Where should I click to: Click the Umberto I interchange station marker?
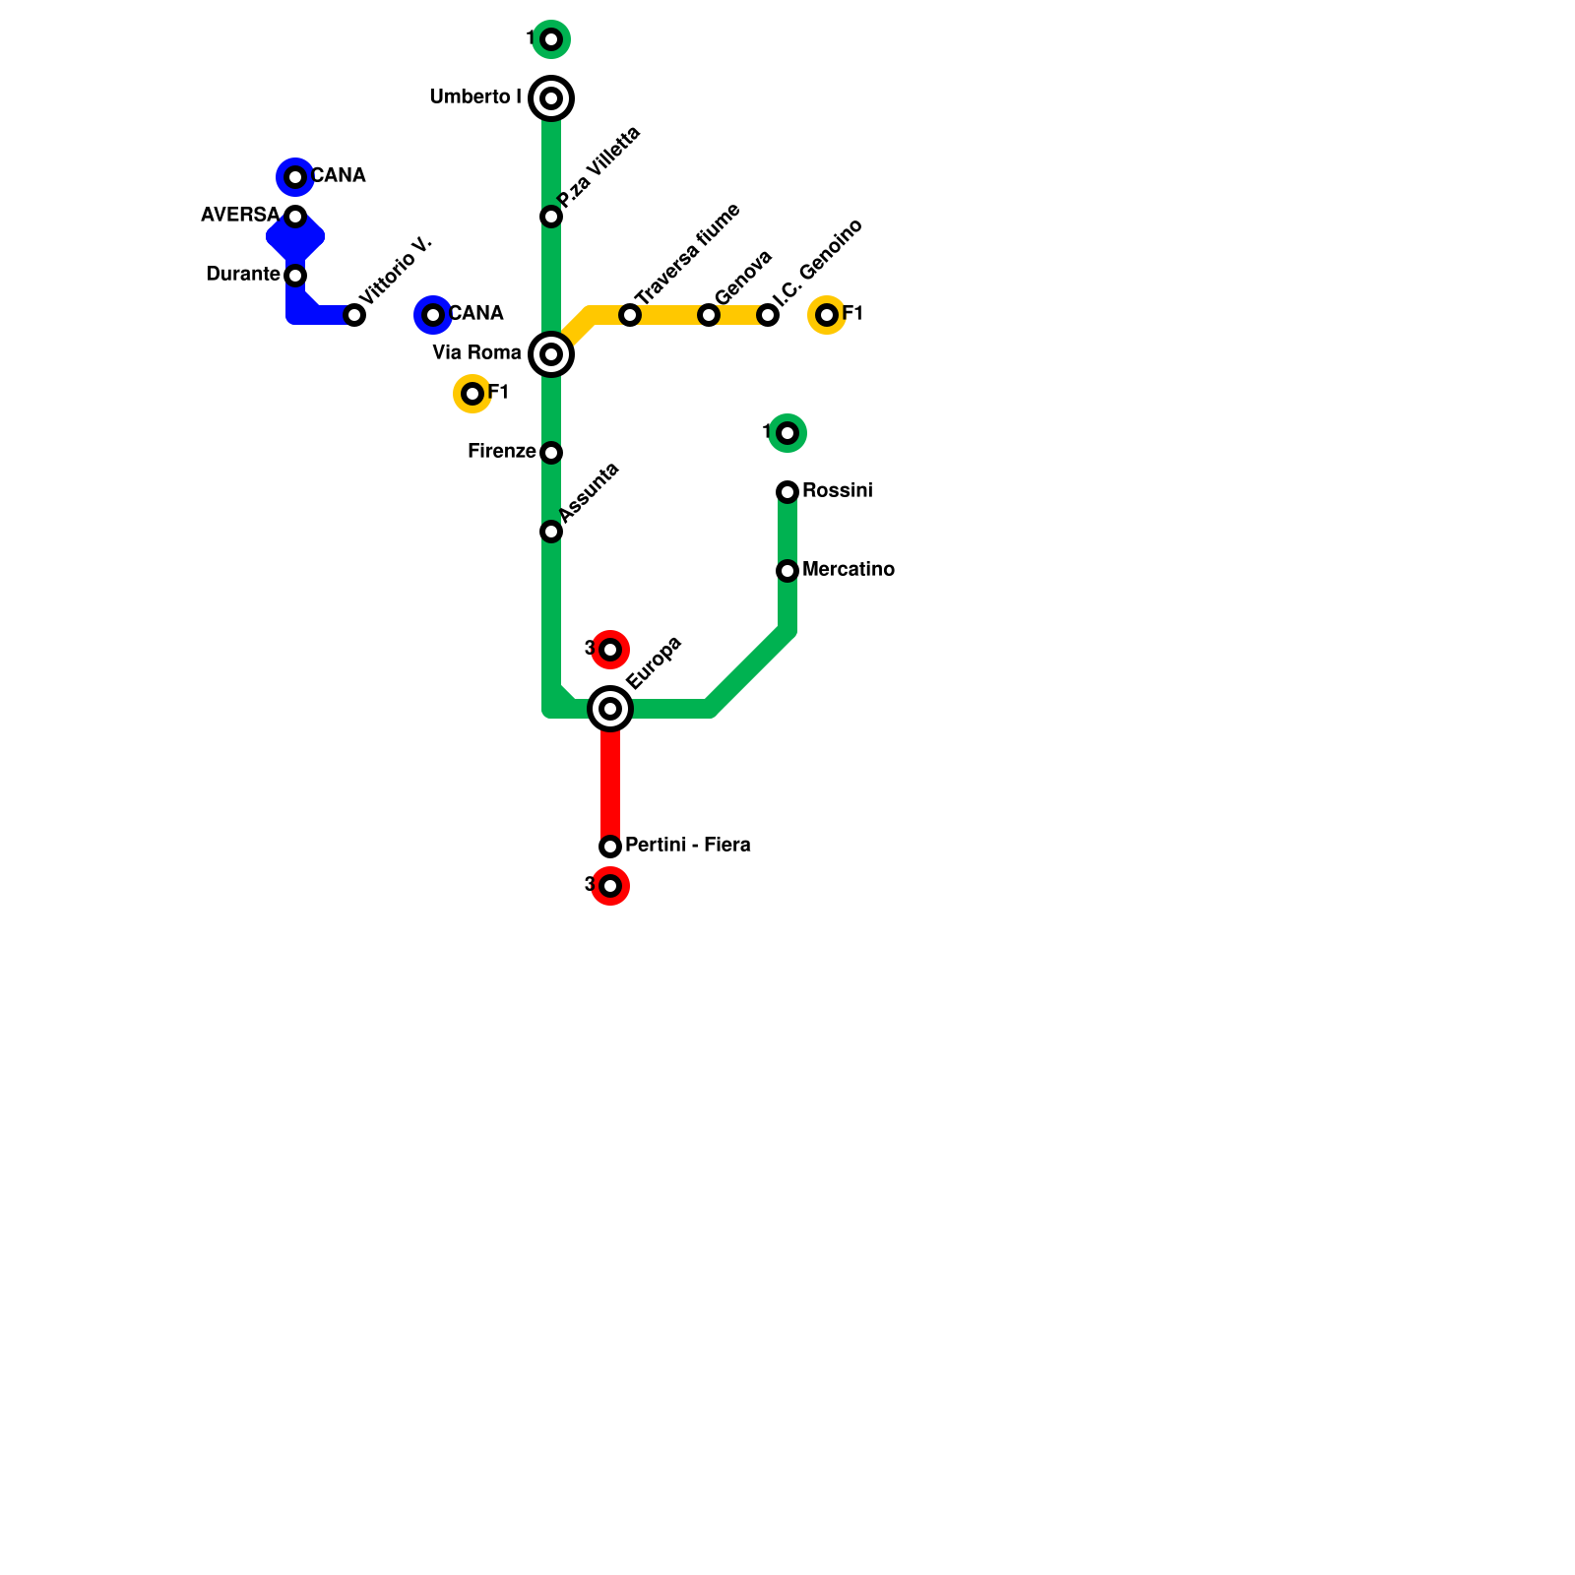[x=551, y=98]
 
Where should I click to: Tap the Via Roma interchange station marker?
[x=551, y=354]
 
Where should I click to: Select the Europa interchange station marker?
[x=610, y=709]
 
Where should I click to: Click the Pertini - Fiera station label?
[x=687, y=846]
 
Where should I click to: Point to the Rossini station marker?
[x=787, y=492]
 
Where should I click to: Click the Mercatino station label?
[x=848, y=570]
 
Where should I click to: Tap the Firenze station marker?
[x=551, y=453]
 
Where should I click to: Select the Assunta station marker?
[x=551, y=532]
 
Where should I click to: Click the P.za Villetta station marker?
[x=551, y=217]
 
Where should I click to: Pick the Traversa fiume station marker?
[x=630, y=315]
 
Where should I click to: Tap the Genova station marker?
[x=709, y=315]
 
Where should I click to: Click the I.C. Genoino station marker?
[x=768, y=315]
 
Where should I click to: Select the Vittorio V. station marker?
[x=354, y=315]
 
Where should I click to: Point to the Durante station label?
[x=242, y=275]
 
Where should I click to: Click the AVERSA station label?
[x=240, y=216]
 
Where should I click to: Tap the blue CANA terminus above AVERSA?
[x=295, y=177]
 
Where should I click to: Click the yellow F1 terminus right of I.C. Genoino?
[x=827, y=315]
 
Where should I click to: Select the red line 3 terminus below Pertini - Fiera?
[x=610, y=886]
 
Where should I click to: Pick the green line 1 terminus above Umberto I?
[x=551, y=39]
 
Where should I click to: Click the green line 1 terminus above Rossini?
[x=787, y=433]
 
